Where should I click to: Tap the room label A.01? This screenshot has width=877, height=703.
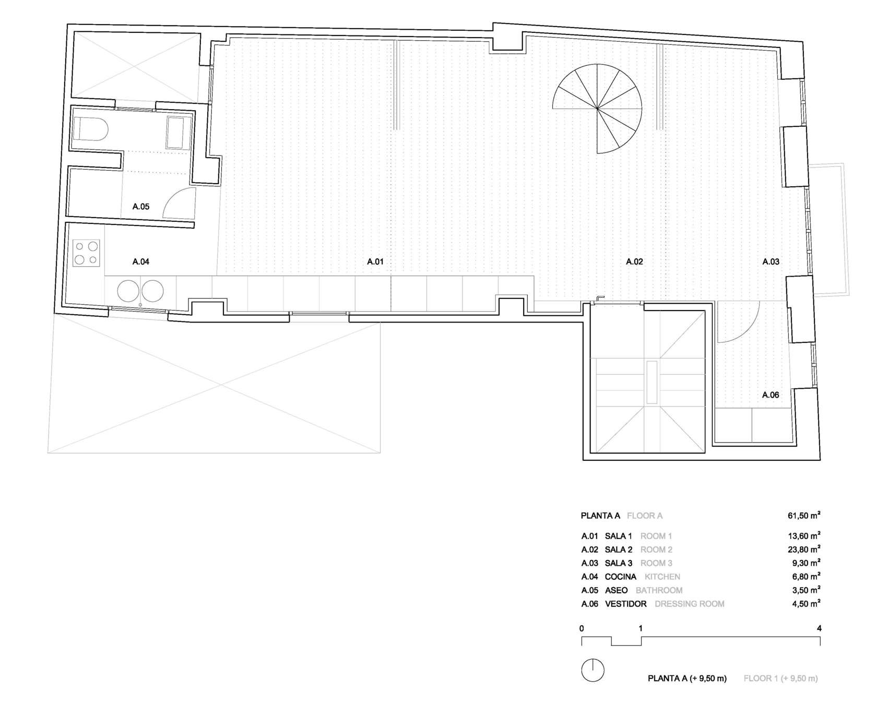[375, 261]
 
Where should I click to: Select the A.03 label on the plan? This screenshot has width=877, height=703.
[771, 261]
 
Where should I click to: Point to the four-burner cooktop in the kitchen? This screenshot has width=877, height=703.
[86, 253]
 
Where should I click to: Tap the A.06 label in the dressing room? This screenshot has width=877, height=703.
[771, 395]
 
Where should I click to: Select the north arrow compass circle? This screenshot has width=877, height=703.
[592, 670]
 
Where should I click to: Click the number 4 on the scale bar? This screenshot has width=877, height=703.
[819, 628]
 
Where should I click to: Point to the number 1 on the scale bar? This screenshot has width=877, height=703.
[641, 628]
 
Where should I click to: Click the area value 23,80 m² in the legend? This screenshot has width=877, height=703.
[804, 549]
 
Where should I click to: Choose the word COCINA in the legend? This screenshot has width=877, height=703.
[620, 577]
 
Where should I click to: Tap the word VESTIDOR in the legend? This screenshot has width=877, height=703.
[625, 604]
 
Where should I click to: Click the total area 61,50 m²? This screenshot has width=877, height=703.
[804, 516]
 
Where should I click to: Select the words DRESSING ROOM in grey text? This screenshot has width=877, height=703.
[689, 604]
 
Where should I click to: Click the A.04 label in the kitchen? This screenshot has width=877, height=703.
[141, 261]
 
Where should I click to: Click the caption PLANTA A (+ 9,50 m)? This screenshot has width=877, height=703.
[687, 678]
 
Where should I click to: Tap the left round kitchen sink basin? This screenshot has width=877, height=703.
[128, 291]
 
